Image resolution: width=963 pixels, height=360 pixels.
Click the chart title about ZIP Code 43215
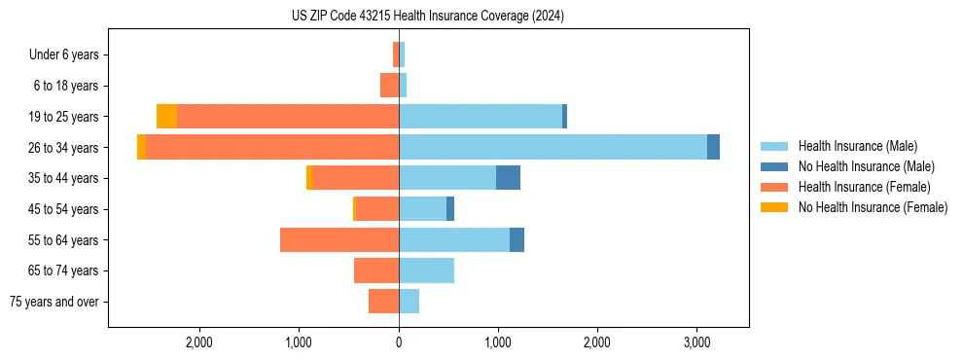(427, 17)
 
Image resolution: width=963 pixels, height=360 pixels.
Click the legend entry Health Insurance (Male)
(857, 146)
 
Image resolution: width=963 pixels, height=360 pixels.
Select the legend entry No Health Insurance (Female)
(873, 207)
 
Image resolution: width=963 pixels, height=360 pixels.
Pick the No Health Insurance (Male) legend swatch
(775, 166)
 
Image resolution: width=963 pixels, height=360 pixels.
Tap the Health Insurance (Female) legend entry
(865, 187)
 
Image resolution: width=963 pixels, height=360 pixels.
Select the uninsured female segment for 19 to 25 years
(166, 117)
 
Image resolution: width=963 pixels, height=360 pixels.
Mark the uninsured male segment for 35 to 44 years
(508, 178)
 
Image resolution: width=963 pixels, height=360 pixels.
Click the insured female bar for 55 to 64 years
(339, 239)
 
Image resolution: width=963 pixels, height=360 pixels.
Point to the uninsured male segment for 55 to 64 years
(517, 239)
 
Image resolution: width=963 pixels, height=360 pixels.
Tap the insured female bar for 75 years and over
(383, 302)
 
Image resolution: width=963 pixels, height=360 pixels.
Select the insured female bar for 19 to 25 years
(288, 117)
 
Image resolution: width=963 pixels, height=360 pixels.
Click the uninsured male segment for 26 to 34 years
(713, 147)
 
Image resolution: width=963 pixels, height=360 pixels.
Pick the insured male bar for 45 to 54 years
(422, 209)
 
